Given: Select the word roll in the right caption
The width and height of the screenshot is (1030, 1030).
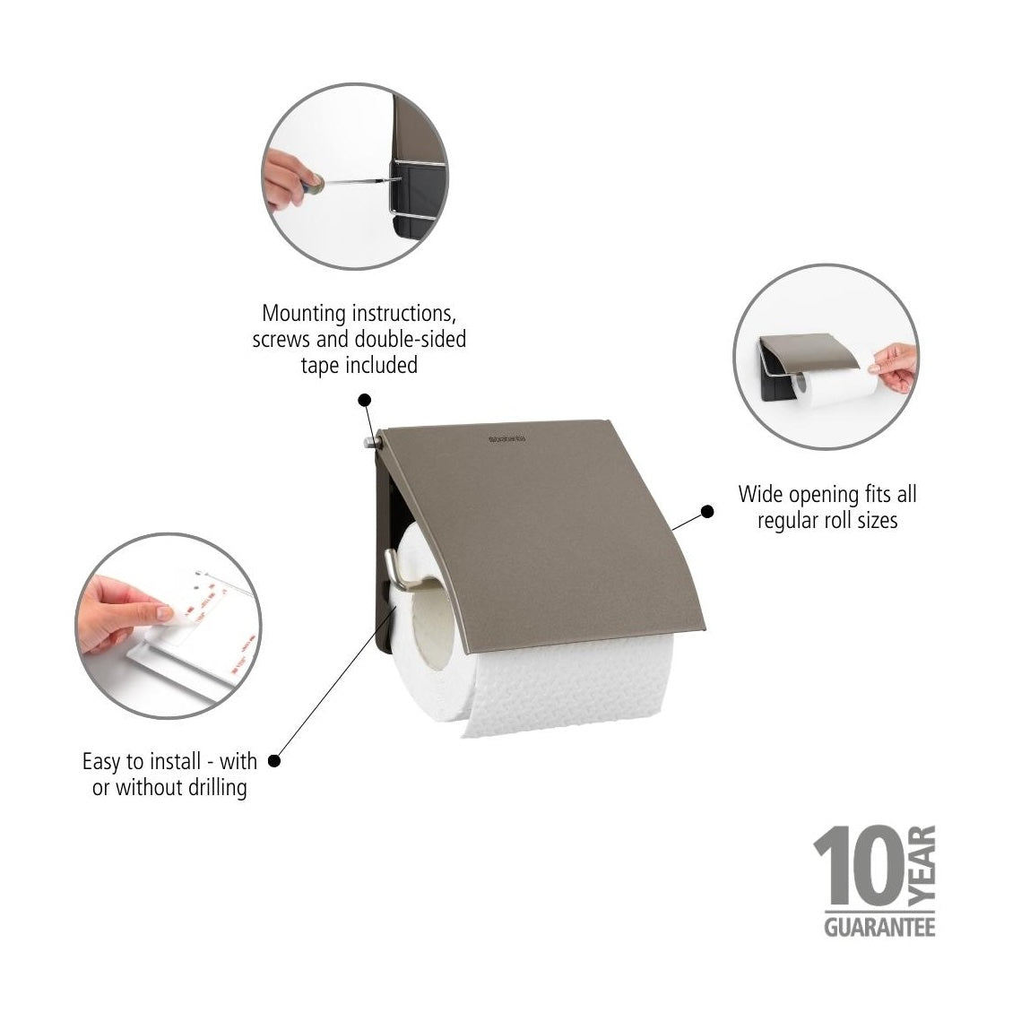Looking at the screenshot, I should click(x=842, y=520).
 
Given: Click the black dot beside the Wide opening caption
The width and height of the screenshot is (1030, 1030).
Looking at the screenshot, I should click(x=706, y=512).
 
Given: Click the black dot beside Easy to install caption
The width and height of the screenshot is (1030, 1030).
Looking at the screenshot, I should click(x=275, y=760).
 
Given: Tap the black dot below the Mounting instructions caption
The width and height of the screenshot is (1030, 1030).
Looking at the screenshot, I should click(x=363, y=399).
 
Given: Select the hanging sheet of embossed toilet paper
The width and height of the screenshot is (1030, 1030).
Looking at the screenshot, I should click(x=565, y=690).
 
